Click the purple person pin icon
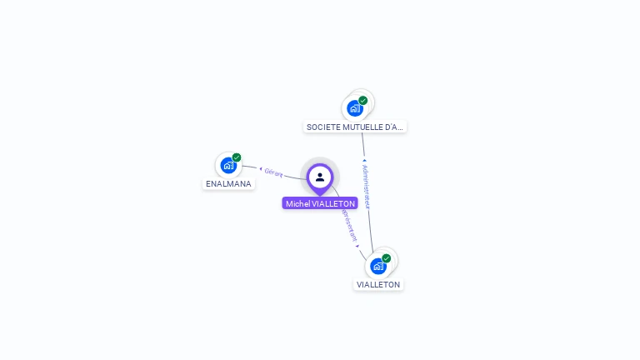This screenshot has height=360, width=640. click(320, 177)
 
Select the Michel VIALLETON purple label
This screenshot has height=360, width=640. click(320, 203)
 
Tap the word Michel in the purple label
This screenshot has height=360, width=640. click(297, 203)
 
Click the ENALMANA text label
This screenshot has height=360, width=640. click(228, 184)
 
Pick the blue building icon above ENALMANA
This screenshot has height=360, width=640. click(228, 165)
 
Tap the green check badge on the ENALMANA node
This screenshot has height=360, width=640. click(237, 157)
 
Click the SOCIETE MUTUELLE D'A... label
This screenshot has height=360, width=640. click(355, 127)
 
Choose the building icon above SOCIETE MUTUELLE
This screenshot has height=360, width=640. click(355, 108)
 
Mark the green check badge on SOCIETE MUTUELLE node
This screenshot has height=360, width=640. click(363, 101)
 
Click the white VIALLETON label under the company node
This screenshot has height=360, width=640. click(378, 284)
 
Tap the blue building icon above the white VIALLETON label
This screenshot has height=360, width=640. click(378, 266)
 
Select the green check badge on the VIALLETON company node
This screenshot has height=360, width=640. click(387, 258)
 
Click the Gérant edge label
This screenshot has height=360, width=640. click(274, 173)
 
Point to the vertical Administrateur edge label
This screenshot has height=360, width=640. click(366, 186)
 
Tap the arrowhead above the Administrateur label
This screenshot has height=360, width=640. click(364, 160)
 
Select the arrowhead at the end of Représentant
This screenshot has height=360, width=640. click(357, 246)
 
